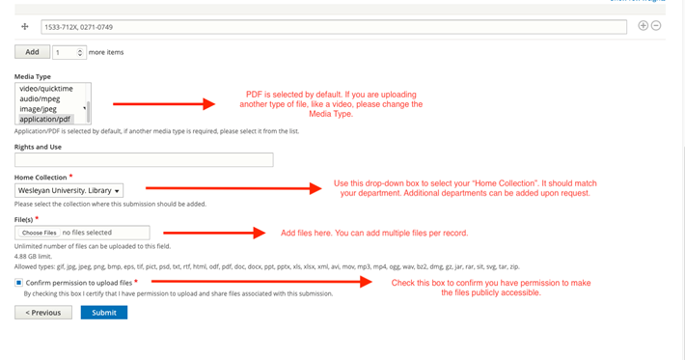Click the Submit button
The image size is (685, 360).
coord(103,313)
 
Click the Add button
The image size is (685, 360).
coord(32,52)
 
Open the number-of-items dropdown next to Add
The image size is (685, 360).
coord(68,52)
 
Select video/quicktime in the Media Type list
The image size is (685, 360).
coord(48,88)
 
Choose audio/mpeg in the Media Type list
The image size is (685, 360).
coord(43,98)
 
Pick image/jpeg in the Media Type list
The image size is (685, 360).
coord(43,109)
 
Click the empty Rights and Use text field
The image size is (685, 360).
coord(144,160)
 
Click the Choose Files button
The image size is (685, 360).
coord(40,233)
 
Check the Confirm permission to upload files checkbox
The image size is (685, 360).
coord(19,283)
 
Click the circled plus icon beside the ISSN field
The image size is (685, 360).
coord(644,26)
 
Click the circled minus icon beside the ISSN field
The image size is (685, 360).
coord(656,26)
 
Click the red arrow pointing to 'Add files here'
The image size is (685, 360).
coord(213,233)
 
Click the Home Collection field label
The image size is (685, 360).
coord(40,178)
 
